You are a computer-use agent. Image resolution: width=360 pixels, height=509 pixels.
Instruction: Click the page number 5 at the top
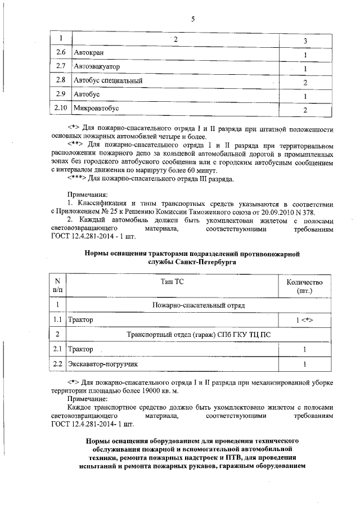(x=192, y=19)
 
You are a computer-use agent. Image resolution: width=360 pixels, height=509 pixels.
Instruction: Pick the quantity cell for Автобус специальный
(x=304, y=82)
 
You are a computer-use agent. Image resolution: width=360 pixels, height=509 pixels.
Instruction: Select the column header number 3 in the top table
(x=304, y=41)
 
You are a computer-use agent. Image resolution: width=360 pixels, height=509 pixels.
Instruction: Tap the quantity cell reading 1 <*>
(x=304, y=319)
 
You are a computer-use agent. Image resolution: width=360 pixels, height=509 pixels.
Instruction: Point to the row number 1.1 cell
(x=57, y=319)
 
